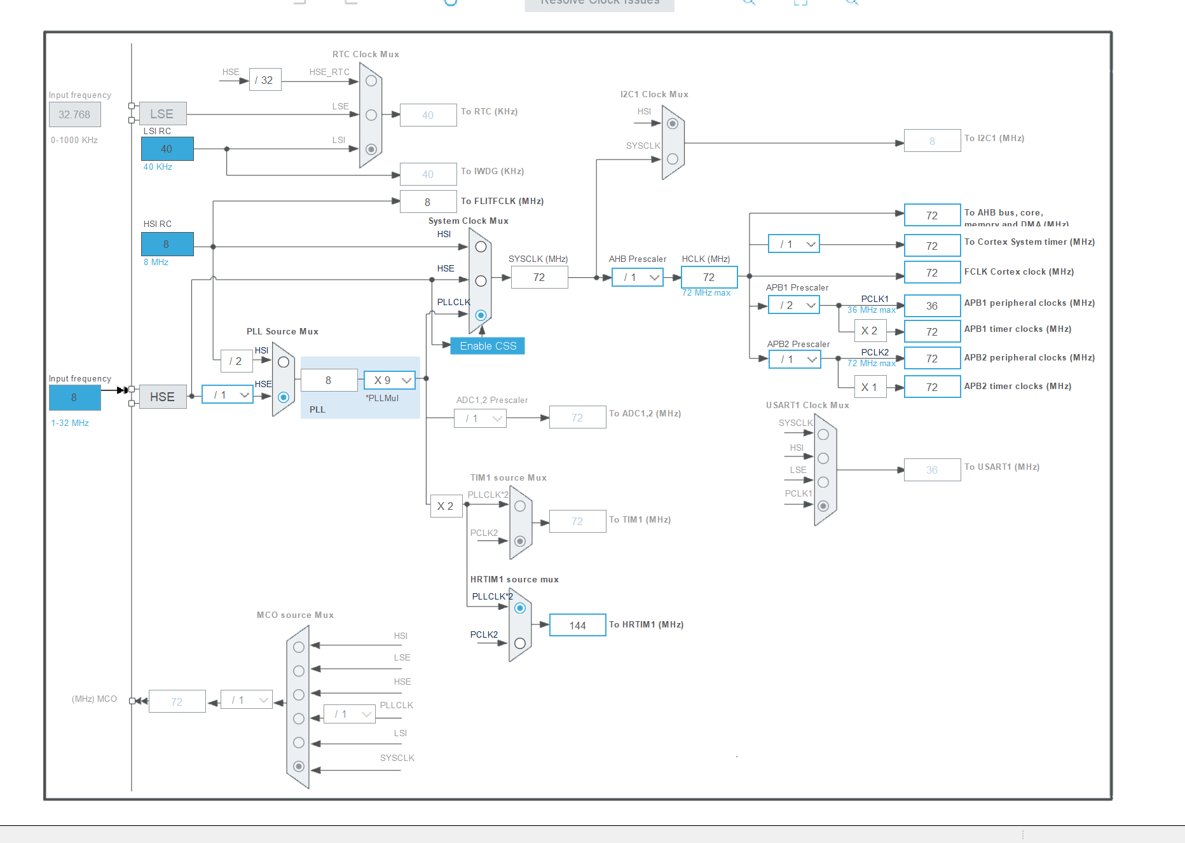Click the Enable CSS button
488,346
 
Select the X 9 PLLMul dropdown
390,380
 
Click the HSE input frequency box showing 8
74,397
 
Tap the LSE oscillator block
163,114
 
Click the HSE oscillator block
163,397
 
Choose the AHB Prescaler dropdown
638,277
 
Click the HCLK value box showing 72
709,277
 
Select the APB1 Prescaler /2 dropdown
794,305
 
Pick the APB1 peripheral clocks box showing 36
932,306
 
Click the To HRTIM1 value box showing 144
577,626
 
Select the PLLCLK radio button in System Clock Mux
481,315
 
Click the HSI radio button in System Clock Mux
481,247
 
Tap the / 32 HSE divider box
265,80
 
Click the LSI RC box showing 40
167,149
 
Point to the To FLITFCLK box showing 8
428,202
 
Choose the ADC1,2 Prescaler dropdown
480,418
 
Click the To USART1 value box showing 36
932,470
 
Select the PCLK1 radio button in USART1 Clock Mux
823,506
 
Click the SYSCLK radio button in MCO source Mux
299,766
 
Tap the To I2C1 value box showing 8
932,141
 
